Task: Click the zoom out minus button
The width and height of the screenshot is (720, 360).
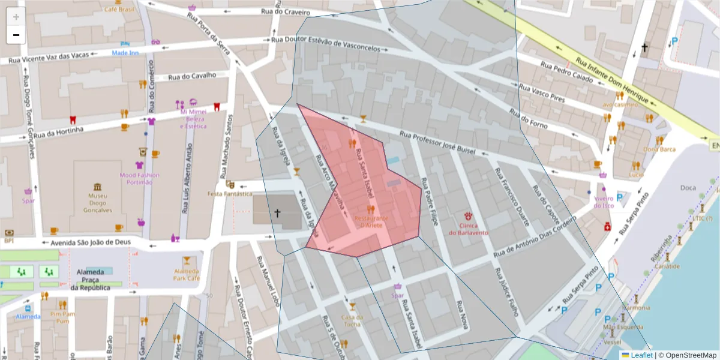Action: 16,35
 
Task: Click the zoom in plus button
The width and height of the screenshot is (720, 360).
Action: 16,17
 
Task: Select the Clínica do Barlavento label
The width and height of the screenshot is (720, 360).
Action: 468,229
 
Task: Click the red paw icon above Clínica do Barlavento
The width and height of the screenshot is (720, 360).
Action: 468,215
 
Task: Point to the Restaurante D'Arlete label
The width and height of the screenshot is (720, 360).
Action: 371,221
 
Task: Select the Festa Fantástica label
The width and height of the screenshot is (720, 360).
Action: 230,194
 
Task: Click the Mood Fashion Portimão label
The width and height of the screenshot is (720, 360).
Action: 140,178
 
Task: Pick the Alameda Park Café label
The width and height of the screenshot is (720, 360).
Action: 186,274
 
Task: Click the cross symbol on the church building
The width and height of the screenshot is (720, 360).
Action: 277,212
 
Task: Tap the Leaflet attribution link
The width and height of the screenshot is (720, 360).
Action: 640,355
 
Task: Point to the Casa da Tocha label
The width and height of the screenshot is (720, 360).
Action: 352,320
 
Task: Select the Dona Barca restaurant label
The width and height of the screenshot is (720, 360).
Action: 659,149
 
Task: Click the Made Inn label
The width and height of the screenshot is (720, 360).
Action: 125,53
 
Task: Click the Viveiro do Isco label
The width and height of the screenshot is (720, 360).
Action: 604,202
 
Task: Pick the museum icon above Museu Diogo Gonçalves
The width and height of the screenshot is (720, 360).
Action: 97,187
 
